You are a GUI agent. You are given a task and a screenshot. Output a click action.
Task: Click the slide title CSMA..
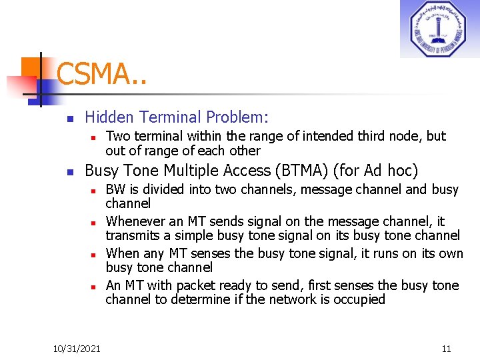coord(100,74)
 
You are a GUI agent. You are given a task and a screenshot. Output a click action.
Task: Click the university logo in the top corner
coord(439,29)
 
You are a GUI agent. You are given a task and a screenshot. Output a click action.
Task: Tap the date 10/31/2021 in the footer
coord(77,348)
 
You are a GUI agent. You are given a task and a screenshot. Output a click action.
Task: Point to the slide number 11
coord(446,348)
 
